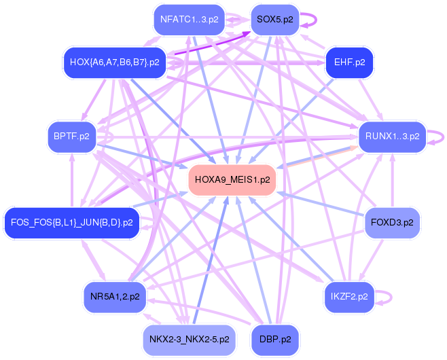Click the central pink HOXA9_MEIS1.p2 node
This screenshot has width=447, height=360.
click(232, 180)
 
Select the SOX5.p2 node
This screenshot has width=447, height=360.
click(275, 19)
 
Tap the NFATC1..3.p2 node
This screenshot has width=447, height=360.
click(190, 19)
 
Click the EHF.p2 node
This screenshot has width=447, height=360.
click(350, 62)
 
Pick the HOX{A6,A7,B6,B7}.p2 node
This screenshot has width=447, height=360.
click(114, 62)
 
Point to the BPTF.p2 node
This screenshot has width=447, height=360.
click(71, 137)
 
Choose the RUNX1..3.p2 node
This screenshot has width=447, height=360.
click(393, 137)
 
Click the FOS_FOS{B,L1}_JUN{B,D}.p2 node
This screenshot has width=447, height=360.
click(71, 222)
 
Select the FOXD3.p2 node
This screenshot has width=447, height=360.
click(393, 221)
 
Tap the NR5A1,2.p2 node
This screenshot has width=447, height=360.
click(115, 297)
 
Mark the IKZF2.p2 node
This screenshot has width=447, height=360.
click(349, 297)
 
